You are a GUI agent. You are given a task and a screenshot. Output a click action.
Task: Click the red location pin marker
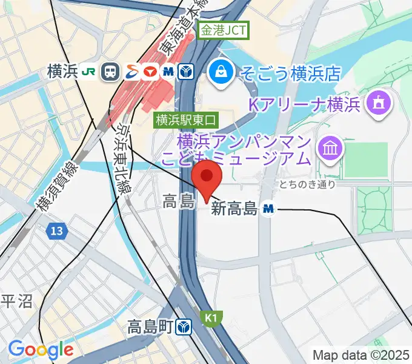tap(207, 177)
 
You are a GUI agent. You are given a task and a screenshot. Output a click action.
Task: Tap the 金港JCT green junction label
tap(225, 30)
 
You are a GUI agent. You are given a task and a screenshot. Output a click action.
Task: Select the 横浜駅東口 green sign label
tap(185, 120)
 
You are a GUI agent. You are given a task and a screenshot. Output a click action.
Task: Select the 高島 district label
tap(178, 202)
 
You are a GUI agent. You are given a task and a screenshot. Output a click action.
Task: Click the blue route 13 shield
tap(56, 231)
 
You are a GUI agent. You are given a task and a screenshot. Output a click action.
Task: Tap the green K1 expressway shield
tap(211, 317)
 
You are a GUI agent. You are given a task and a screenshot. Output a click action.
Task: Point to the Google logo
tap(41, 349)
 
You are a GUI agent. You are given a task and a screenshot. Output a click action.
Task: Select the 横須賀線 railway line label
tap(58, 186)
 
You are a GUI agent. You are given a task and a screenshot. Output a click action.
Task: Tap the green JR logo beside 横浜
tap(89, 72)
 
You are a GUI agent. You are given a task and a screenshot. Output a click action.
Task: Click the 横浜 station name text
tap(62, 72)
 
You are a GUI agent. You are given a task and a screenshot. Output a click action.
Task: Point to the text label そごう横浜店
tap(290, 74)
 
